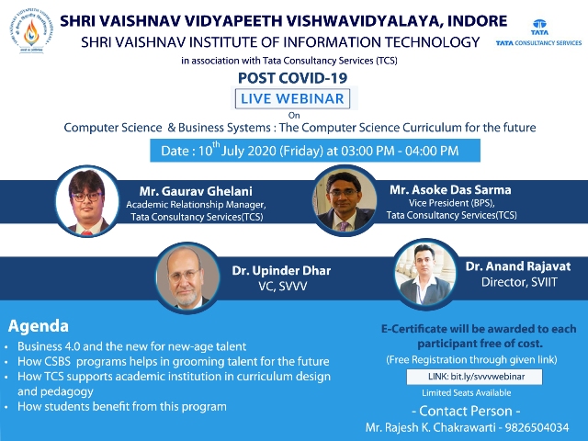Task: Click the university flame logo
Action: pos(31,31)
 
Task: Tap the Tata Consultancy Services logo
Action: pos(538,33)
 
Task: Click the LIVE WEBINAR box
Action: pos(292,98)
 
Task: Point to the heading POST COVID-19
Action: pos(292,77)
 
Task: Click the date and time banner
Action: pos(315,151)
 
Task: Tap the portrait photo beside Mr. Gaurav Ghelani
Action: pos(87,201)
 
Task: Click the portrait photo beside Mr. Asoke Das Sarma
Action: pos(345,200)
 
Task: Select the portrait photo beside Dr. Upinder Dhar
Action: pos(187,277)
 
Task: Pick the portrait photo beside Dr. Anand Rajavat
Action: pos(426,274)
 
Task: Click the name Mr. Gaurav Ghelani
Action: pos(196,191)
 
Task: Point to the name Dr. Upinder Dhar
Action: pos(281,270)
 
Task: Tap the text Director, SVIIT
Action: pos(519,282)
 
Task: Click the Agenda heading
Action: pos(39,326)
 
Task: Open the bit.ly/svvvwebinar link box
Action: pos(474,377)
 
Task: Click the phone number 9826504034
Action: pos(537,427)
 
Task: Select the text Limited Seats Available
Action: pos(467,392)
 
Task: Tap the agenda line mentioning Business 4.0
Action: pos(132,346)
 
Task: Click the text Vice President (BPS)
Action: pos(451,203)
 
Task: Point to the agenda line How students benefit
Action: pos(122,406)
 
